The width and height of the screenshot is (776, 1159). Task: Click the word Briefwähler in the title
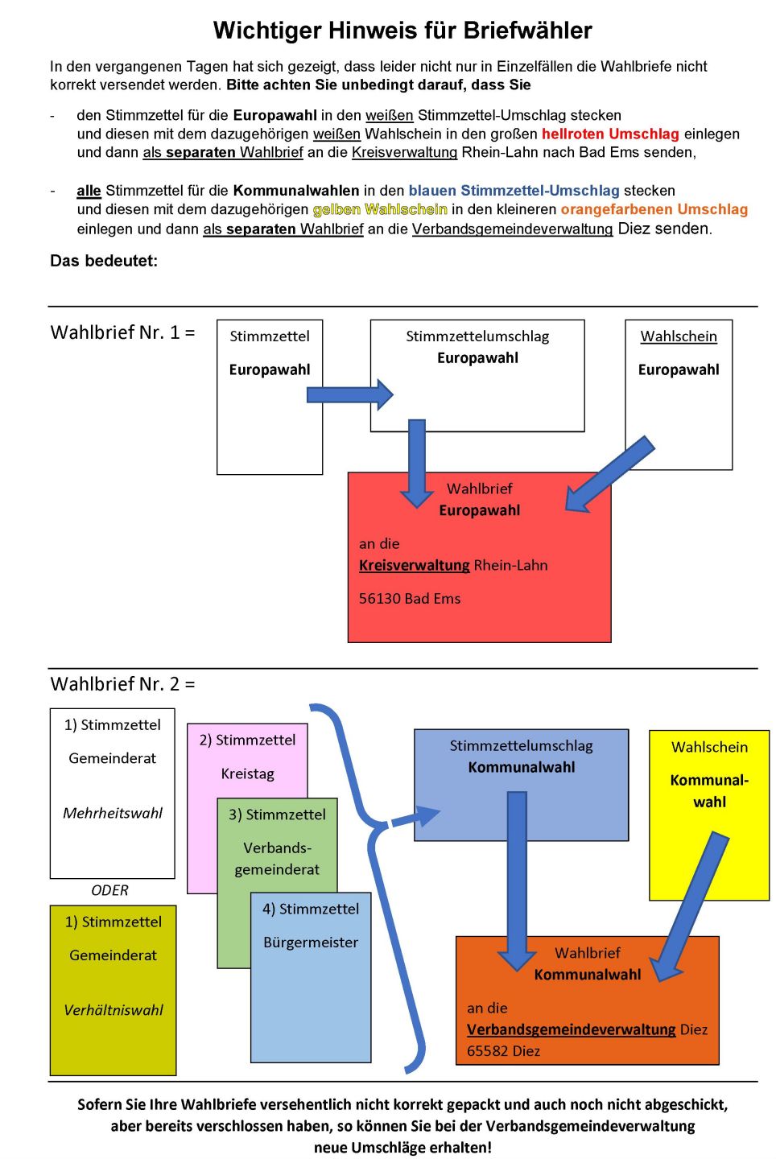pos(527,31)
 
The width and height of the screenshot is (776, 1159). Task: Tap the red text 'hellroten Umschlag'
pos(610,134)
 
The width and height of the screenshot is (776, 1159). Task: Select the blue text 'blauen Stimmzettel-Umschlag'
pos(514,191)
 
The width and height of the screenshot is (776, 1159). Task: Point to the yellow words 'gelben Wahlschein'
pos(380,209)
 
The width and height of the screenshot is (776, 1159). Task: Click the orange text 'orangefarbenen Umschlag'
pos(654,209)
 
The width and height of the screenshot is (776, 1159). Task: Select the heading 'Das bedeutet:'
pos(104,261)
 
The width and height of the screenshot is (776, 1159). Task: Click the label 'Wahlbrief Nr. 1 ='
pos(122,332)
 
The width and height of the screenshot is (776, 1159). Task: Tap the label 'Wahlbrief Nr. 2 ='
pos(122,684)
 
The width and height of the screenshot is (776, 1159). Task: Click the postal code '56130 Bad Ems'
pos(410,599)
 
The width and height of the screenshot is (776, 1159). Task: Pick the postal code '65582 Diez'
pos(503,1051)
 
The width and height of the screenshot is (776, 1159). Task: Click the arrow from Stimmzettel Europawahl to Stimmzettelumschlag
pos(350,394)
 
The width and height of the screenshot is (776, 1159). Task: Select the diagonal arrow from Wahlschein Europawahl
pos(609,475)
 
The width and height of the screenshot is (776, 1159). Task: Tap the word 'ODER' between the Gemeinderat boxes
pos(109,890)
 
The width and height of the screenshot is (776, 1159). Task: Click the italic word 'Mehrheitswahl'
pos(112,814)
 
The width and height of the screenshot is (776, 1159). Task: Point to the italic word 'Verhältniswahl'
pos(114,1010)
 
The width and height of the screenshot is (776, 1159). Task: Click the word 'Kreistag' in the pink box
pos(247,774)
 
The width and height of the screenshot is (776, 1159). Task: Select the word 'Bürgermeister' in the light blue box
pos(311,942)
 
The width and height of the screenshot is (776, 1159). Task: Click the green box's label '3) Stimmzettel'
pos(277,815)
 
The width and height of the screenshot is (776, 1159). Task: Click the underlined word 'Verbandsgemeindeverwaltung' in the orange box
pos(572,1029)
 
